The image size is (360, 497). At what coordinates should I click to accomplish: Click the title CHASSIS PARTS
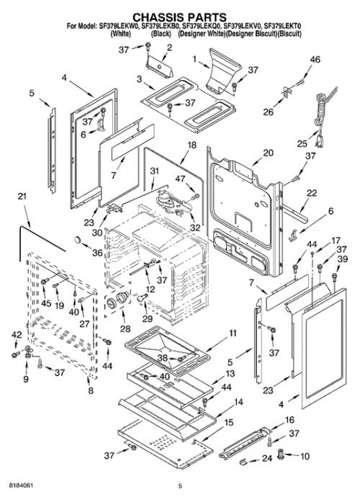click(179, 17)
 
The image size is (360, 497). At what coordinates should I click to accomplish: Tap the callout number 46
click(315, 60)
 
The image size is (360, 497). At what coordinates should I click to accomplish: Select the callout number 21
click(22, 197)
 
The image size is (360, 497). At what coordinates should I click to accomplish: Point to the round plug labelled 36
click(78, 239)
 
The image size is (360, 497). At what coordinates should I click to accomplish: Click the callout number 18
click(192, 145)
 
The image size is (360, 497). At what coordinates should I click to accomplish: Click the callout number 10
click(305, 456)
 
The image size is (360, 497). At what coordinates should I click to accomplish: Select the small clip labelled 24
click(243, 460)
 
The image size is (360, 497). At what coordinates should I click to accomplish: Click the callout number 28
click(125, 328)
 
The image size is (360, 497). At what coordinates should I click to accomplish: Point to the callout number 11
click(233, 333)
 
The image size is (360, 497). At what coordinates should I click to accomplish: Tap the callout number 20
click(268, 153)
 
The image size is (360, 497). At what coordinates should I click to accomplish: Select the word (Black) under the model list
click(161, 34)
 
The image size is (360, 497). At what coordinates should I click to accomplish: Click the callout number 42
click(17, 335)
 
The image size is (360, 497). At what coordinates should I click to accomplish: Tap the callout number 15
click(228, 423)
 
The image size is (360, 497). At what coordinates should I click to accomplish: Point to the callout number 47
click(180, 179)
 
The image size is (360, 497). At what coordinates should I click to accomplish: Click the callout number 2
click(169, 48)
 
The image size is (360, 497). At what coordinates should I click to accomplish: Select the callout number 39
click(343, 259)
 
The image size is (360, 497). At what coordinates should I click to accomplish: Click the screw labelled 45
click(45, 281)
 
